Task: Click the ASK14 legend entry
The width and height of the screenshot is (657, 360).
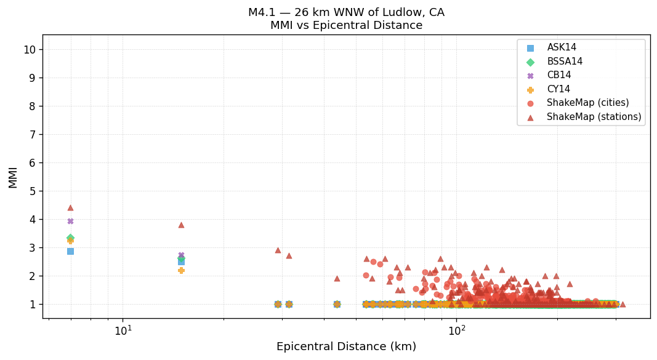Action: click(562, 47)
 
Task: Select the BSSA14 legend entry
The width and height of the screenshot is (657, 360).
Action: click(565, 62)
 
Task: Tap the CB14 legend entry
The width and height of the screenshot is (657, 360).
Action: click(558, 75)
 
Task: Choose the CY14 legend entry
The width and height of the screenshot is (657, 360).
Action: click(558, 89)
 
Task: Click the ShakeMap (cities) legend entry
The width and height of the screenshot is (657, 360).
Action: click(587, 103)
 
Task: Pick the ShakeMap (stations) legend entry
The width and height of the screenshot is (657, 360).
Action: click(594, 117)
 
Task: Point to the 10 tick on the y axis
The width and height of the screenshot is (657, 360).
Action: click(29, 50)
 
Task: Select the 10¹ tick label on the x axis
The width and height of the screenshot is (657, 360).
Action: click(123, 330)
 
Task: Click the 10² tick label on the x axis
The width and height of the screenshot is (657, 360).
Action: click(457, 330)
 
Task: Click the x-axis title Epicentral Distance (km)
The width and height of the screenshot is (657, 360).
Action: click(346, 346)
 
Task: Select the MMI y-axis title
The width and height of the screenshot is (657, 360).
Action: click(13, 177)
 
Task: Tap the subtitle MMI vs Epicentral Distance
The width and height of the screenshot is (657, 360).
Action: click(346, 26)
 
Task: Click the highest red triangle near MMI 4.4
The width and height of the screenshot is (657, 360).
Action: click(70, 208)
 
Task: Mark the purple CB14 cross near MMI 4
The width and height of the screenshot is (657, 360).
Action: click(70, 222)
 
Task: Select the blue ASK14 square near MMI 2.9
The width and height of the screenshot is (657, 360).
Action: click(70, 251)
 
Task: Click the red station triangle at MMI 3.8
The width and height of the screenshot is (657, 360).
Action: click(181, 225)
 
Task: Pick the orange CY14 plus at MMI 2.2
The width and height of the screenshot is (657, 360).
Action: click(181, 270)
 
